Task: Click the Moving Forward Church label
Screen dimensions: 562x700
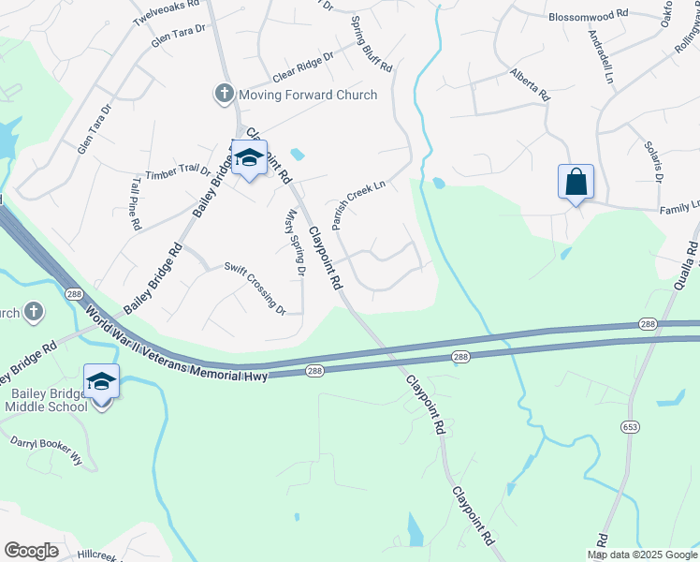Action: pyautogui.click(x=308, y=95)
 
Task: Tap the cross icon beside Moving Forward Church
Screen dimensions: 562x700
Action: pyautogui.click(x=223, y=95)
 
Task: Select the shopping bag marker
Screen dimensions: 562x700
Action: pyautogui.click(x=575, y=182)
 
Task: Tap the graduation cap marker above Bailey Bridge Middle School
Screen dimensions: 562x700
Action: pyautogui.click(x=101, y=382)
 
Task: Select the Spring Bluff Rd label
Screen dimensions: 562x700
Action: pyautogui.click(x=372, y=44)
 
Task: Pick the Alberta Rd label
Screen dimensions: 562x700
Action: pyautogui.click(x=529, y=84)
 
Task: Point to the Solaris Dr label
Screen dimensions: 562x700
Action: pyautogui.click(x=653, y=160)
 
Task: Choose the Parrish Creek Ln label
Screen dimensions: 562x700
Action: pyautogui.click(x=359, y=206)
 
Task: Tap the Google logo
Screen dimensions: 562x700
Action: pyautogui.click(x=31, y=550)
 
